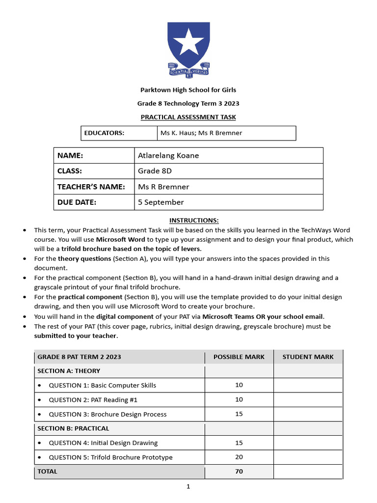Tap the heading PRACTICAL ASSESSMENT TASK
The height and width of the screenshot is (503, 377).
(188, 117)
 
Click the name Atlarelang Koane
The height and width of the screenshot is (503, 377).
(168, 156)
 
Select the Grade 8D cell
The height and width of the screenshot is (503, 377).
(155, 171)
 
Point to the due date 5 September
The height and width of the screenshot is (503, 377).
(161, 202)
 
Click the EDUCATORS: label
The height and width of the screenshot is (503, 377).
(104, 133)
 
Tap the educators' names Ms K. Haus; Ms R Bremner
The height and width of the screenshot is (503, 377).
(201, 133)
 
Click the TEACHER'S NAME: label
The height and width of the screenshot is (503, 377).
(91, 187)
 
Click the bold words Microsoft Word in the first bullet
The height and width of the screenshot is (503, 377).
(120, 240)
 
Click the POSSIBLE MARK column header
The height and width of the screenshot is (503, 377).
(239, 357)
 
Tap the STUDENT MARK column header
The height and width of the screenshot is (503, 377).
(308, 357)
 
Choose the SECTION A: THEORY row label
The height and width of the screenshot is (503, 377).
(69, 371)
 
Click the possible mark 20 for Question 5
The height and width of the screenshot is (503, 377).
(239, 457)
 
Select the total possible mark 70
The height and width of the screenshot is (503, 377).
(239, 472)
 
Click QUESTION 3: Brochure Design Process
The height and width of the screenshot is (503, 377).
(108, 414)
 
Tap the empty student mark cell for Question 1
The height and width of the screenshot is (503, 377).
(308, 385)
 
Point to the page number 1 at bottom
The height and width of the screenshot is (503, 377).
(188, 487)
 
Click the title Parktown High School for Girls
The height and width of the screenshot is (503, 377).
(188, 90)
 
